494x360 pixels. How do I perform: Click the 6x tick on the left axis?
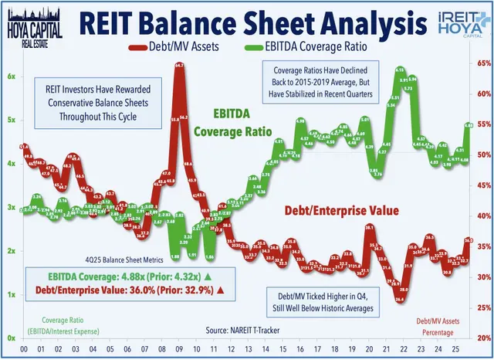[x=12, y=76]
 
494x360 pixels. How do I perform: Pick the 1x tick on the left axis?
[x=12, y=295]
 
